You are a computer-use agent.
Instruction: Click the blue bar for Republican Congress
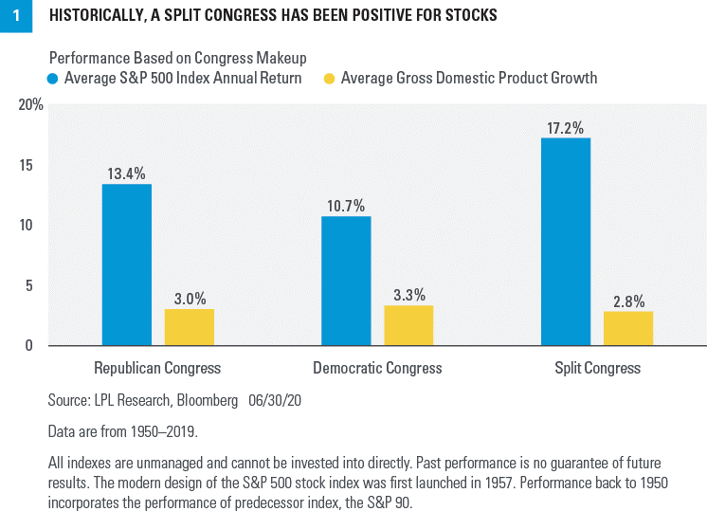click(x=127, y=264)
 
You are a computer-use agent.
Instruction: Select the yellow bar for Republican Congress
click(x=189, y=326)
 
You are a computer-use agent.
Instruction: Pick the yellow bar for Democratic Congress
click(x=408, y=324)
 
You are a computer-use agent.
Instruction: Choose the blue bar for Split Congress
click(x=566, y=241)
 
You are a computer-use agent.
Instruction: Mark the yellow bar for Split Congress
click(x=627, y=327)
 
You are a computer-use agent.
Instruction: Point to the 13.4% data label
click(x=127, y=173)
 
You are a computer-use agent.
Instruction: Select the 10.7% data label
click(x=346, y=206)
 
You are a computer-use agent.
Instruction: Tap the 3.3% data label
click(x=408, y=295)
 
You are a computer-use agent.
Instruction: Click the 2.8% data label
click(x=627, y=301)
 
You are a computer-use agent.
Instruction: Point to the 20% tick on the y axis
click(x=31, y=105)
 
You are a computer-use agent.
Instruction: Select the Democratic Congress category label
click(x=377, y=368)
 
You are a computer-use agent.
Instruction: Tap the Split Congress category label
click(x=599, y=368)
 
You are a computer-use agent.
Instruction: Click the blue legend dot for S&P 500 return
click(x=54, y=79)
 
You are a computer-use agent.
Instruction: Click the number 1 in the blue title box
click(x=15, y=16)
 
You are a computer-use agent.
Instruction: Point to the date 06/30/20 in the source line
click(x=276, y=401)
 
